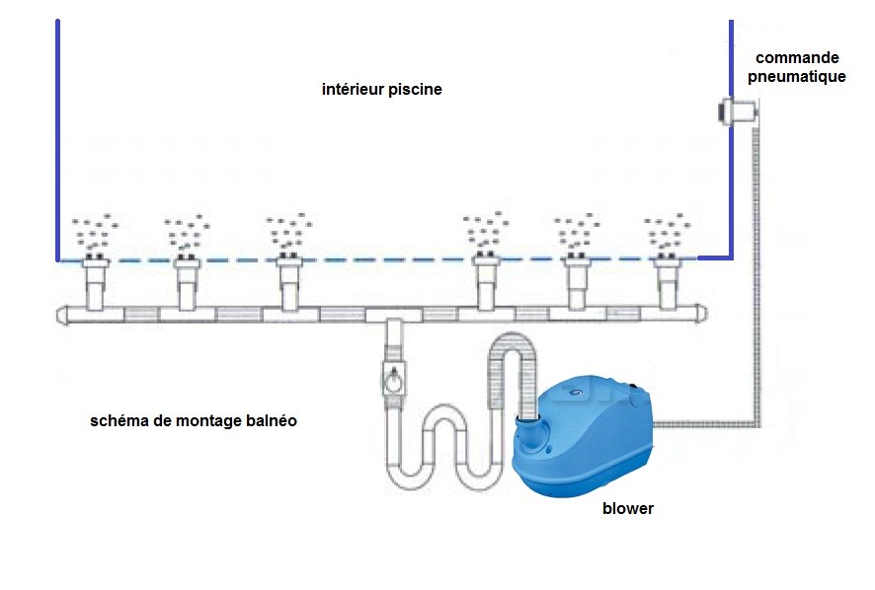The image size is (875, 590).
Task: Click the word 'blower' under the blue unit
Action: [628, 508]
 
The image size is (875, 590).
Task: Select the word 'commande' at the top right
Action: [797, 57]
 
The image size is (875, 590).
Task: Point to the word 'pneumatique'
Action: [796, 76]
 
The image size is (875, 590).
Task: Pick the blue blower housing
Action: [582, 436]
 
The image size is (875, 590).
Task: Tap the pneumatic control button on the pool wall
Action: [738, 111]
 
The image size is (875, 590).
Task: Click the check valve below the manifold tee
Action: [393, 379]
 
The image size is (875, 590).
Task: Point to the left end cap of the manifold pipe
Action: [62, 315]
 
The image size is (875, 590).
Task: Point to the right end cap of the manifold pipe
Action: [702, 313]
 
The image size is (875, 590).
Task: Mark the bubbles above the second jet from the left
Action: [187, 232]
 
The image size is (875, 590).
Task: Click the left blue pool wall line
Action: [57, 140]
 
